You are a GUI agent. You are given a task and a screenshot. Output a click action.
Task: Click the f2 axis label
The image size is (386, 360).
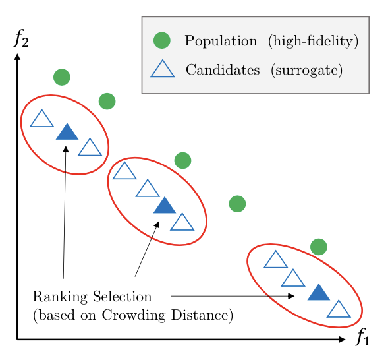pyautogui.click(x=22, y=38)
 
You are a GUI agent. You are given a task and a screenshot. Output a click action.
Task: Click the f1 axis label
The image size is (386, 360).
pyautogui.click(x=363, y=336)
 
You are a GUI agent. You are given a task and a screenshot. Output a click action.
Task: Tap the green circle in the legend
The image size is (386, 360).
pyautogui.click(x=162, y=40)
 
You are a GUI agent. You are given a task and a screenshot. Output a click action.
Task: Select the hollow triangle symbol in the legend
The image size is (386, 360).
pyautogui.click(x=163, y=69)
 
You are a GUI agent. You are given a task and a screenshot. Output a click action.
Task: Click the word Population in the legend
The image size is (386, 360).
pyautogui.click(x=221, y=41)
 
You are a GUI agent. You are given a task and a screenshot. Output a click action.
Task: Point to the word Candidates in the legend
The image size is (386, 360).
pyautogui.click(x=223, y=69)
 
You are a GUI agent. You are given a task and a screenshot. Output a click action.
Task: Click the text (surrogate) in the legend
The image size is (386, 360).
pyautogui.click(x=306, y=71)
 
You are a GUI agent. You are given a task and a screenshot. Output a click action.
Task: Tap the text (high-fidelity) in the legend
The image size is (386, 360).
pyautogui.click(x=313, y=41)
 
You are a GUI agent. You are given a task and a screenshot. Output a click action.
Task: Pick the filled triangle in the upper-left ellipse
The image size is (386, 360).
pyautogui.click(x=67, y=132)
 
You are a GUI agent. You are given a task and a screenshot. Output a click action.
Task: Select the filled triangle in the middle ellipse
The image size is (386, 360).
pyautogui.click(x=165, y=205)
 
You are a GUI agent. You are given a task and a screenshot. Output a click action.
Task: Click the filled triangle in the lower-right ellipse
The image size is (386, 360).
pyautogui.click(x=319, y=293)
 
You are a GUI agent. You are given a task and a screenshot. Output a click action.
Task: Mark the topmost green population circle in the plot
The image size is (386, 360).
pyautogui.click(x=62, y=77)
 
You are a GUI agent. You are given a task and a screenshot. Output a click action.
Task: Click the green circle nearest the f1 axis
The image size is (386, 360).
pyautogui.click(x=319, y=247)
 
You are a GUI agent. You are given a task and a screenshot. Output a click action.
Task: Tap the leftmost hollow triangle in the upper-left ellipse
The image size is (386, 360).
pyautogui.click(x=41, y=119)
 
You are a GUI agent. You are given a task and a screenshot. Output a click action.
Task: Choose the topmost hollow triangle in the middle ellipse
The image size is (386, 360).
pyautogui.click(x=124, y=171)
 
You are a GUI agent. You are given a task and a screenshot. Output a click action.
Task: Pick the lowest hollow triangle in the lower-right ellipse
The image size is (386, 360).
pyautogui.click(x=339, y=309)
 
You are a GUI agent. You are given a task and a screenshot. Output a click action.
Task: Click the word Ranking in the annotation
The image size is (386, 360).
pyautogui.click(x=60, y=297)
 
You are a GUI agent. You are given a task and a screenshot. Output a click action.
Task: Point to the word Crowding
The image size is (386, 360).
pyautogui.click(x=134, y=316)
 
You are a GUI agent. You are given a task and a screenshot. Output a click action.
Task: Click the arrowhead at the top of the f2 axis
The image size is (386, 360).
pyautogui.click(x=17, y=57)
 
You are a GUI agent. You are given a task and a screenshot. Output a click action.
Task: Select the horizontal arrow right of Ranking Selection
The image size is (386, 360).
pyautogui.click(x=233, y=296)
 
